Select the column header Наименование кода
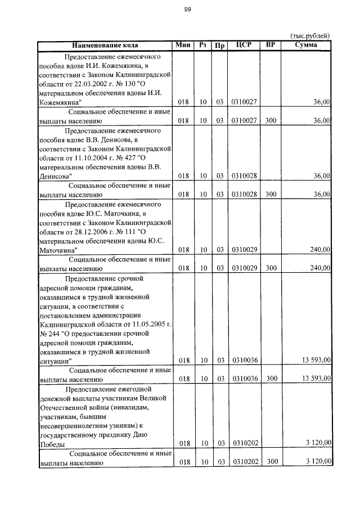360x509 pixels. pos(104,45)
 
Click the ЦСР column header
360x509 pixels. pos(244,45)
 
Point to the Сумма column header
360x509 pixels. pos(306,45)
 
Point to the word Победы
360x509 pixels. pos(52,443)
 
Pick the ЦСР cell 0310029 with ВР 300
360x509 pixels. pos(244,268)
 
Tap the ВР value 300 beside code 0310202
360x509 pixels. pos(272,462)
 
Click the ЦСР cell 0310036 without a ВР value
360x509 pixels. pos(244,361)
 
